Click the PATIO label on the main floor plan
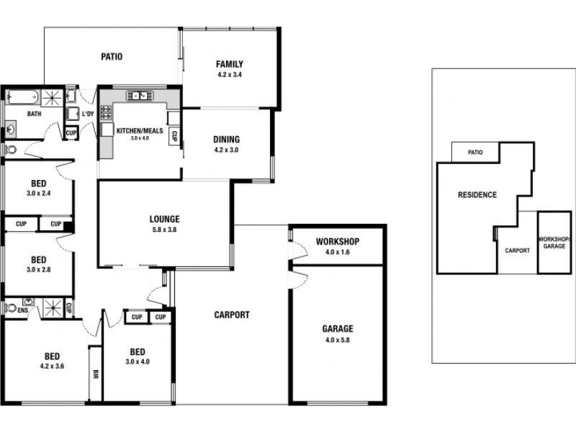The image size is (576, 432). pos(111,56)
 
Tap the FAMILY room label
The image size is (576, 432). pos(229,64)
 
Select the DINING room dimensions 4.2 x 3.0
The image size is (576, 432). pos(226,150)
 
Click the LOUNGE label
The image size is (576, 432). pos(164,219)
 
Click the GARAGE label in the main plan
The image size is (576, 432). pos(337,329)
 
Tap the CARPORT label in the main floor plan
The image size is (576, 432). pos(232,315)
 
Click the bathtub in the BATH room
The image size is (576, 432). pos(22,96)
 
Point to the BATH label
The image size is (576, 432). pos(34,114)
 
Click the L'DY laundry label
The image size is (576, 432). pos(88,114)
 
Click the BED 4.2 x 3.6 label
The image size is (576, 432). pos(52,360)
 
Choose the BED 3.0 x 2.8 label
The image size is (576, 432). pos(39,264)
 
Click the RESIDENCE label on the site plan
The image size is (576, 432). pos(477,195)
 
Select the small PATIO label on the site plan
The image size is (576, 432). pos(474,153)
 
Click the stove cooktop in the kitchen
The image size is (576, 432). pos(106,112)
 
